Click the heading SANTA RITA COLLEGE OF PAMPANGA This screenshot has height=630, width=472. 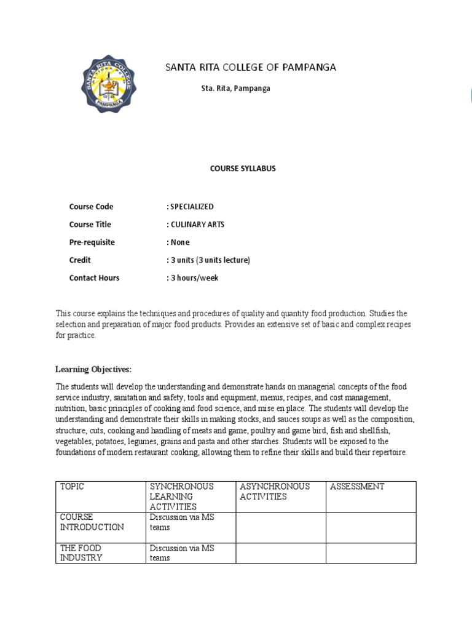coord(251,68)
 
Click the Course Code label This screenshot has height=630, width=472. coord(91,207)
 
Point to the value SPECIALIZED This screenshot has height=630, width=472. coord(192,207)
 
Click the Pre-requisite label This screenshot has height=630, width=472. coord(92,242)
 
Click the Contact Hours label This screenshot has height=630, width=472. coord(94,278)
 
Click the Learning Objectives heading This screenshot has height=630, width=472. coord(93,370)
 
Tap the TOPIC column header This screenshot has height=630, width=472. coord(72,487)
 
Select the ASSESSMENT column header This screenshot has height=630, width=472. coord(357,487)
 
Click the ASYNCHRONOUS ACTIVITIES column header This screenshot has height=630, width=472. coord(275,492)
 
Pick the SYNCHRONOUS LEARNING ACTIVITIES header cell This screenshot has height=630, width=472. coord(181,496)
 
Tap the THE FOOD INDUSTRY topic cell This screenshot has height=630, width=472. coord(81,553)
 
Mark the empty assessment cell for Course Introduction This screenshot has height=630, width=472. coord(371,527)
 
